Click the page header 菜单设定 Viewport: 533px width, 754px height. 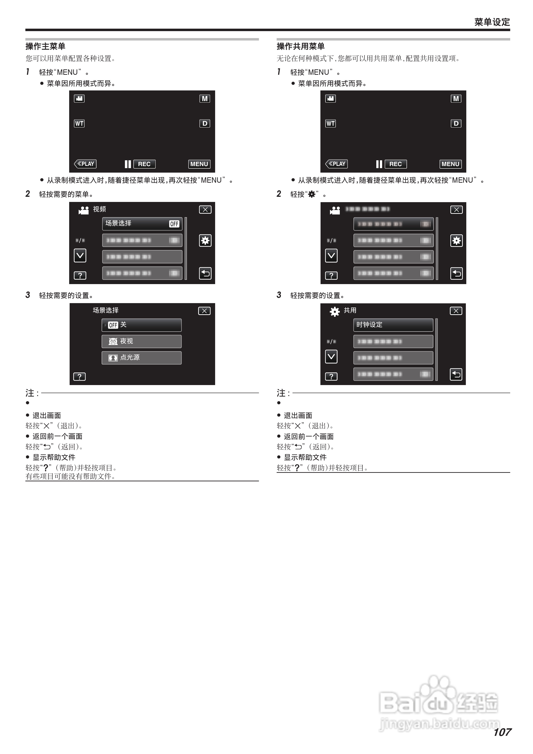click(492, 22)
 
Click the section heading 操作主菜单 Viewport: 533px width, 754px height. click(45, 46)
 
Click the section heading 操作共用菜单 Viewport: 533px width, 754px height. click(300, 46)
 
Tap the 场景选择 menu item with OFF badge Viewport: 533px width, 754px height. click(142, 224)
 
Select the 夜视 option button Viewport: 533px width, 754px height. click(141, 341)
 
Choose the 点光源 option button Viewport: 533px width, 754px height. click(141, 358)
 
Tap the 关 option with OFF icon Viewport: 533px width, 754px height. click(141, 325)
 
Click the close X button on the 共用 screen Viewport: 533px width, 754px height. click(456, 311)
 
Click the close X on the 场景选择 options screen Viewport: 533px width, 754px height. click(204, 311)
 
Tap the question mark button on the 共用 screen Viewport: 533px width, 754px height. click(331, 376)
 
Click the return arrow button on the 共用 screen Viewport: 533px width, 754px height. click(456, 374)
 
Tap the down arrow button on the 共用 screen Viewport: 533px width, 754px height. click(331, 357)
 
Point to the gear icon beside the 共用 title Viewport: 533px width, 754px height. click(335, 311)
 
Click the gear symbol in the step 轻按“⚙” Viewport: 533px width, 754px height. click(311, 194)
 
